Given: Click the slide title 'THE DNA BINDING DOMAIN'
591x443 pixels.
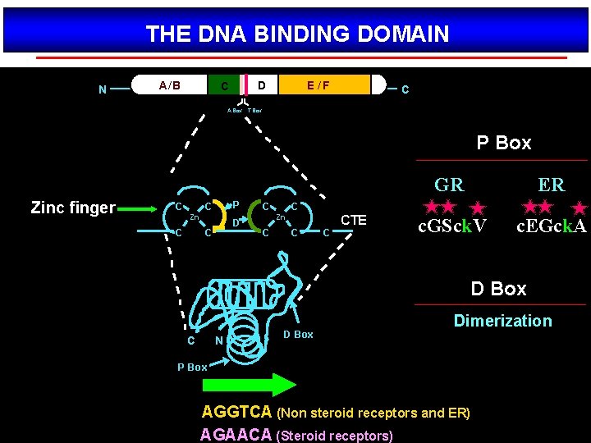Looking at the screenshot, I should coord(297,34).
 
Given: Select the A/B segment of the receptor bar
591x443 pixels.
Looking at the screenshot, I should coord(170,85).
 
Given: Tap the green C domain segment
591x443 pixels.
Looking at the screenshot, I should coord(223,85).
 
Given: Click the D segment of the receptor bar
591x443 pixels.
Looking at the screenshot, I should coord(262,85).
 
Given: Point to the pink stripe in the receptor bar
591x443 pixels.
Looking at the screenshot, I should coord(245,85).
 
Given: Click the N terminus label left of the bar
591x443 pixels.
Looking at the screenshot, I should coord(102,89).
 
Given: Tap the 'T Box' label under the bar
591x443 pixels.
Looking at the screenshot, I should coord(255,110).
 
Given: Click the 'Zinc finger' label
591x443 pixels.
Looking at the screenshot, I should coord(73,208).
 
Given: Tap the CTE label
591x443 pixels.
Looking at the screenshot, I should coord(354,220).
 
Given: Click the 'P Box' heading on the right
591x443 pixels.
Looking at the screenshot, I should coord(504,143).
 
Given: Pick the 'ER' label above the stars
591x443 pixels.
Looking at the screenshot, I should coord(551,185).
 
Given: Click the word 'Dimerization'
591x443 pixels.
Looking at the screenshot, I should coord(502,321).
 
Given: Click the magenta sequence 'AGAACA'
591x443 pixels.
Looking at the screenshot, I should coord(237,434).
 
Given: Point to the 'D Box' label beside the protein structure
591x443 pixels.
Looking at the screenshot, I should coord(298,334).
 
